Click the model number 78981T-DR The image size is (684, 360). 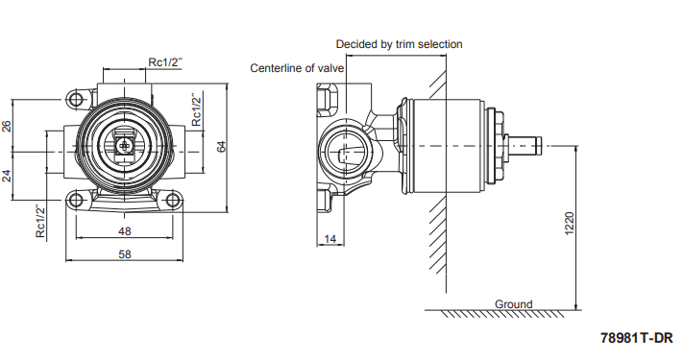(x=637, y=338)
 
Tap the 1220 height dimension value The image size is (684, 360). (x=570, y=224)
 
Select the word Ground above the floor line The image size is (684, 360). (x=513, y=303)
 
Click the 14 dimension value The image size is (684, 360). (x=330, y=239)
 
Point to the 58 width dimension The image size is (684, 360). (x=125, y=254)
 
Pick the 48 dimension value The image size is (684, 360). (x=124, y=231)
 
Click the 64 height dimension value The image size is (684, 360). (x=222, y=147)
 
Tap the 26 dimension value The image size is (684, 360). (x=7, y=127)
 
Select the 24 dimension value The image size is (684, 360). (x=7, y=176)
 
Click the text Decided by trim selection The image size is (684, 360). (x=399, y=44)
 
